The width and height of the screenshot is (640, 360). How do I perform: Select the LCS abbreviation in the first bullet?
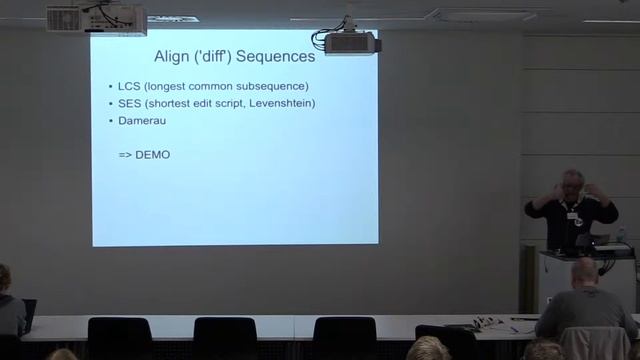[x=130, y=86]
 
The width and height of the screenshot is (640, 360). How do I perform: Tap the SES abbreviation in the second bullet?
[x=130, y=104]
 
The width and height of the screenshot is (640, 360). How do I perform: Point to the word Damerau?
[x=144, y=121]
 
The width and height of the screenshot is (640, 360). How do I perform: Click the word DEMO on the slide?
[x=153, y=155]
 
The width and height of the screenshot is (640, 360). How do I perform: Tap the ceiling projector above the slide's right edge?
[x=348, y=43]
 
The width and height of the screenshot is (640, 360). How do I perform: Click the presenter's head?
[x=573, y=183]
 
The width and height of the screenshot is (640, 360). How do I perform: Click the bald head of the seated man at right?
[x=584, y=271]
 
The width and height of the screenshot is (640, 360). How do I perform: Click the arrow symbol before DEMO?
[x=126, y=155]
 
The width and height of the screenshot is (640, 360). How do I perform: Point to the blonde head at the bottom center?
[x=428, y=349]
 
